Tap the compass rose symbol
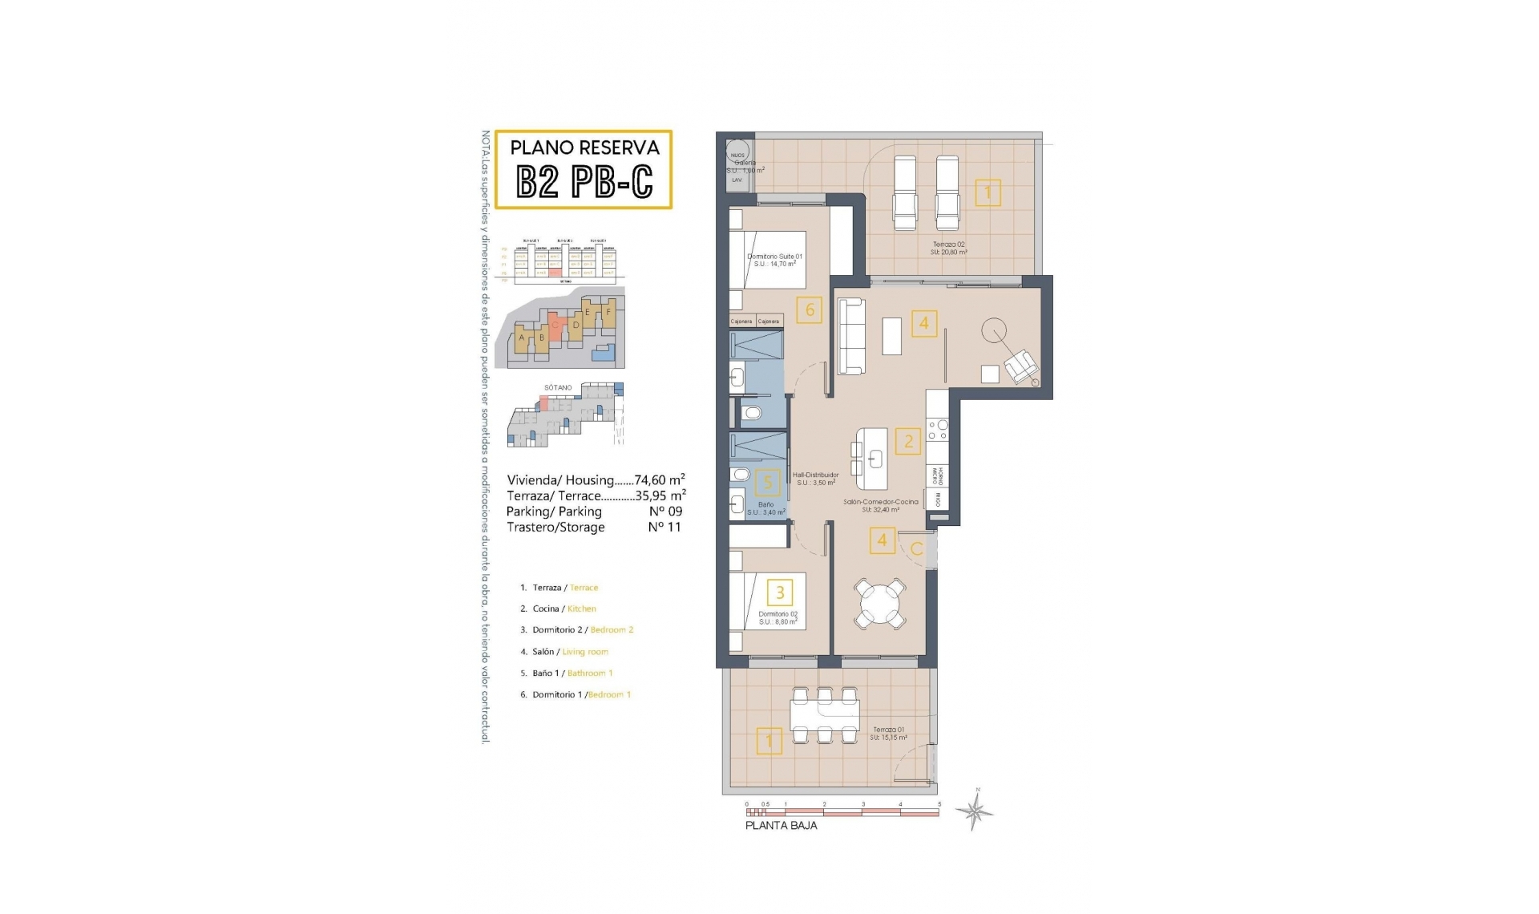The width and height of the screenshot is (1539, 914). tap(975, 812)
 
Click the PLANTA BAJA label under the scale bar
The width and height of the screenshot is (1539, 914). tap(781, 825)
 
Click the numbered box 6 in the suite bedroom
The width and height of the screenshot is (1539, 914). tap(810, 309)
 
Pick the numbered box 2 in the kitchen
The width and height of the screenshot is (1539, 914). tap(908, 440)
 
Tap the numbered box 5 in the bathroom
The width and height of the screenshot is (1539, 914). tap(768, 482)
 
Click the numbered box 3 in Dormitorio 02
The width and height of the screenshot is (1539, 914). tap(780, 592)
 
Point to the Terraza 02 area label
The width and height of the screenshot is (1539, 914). tap(948, 248)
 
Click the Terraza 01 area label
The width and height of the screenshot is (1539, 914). tap(890, 734)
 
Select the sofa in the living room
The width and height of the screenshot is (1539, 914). tap(852, 336)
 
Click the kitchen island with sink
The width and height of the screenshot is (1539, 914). tap(872, 459)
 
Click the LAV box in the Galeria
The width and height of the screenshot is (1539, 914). tap(737, 180)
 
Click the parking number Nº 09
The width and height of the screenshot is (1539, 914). tap(665, 512)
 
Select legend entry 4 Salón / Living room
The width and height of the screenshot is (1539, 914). tap(570, 652)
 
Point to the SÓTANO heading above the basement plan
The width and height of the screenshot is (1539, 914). tap(558, 387)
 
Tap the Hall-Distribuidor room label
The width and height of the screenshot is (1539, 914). tap(816, 479)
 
